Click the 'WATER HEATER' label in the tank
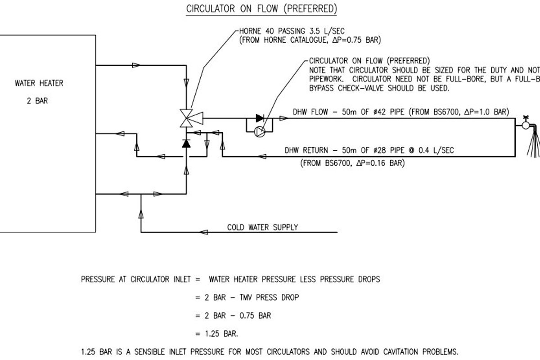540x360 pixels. pyautogui.click(x=39, y=83)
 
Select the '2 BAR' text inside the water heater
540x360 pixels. pyautogui.click(x=37, y=101)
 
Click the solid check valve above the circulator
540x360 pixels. pyautogui.click(x=260, y=118)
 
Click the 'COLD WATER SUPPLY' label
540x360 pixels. pyautogui.click(x=262, y=227)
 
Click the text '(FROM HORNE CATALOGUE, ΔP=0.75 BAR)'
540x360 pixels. pyautogui.click(x=310, y=40)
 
